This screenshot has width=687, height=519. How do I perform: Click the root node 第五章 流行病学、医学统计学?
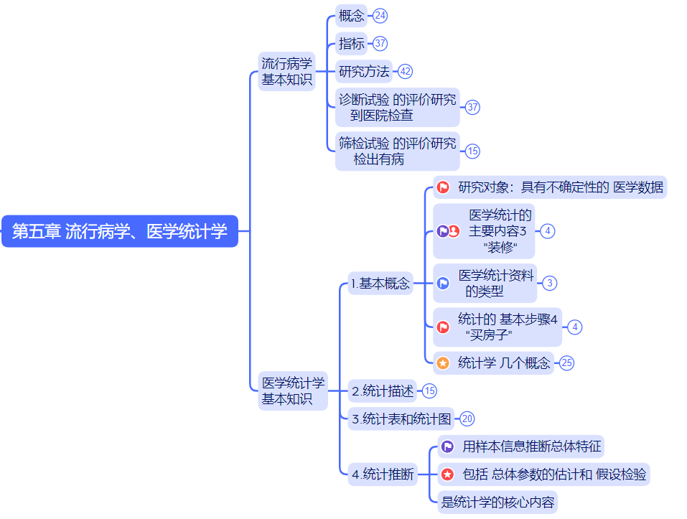click(x=119, y=231)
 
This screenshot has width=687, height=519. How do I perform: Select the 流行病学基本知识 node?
click(x=287, y=72)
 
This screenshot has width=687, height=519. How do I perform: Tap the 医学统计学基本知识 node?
click(x=293, y=391)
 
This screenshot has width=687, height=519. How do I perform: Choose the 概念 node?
click(x=352, y=16)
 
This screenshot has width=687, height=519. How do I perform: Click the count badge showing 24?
click(x=380, y=16)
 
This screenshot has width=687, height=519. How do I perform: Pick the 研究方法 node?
click(x=364, y=71)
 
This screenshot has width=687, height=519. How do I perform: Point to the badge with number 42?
click(x=406, y=71)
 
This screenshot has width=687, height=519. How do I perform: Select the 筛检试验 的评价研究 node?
click(x=398, y=151)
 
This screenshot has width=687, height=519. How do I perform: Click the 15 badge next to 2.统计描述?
click(x=429, y=391)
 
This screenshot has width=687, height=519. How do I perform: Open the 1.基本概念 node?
click(x=380, y=284)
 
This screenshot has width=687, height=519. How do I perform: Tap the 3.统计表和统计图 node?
click(x=401, y=419)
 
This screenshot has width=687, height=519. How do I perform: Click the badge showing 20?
click(x=467, y=419)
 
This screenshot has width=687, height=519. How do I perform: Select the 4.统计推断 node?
click(x=383, y=474)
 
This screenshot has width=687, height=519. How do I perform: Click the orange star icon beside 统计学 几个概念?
click(x=444, y=363)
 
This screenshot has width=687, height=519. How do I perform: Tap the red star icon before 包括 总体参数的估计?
click(x=447, y=474)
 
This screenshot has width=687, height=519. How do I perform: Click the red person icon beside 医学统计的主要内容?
click(x=454, y=231)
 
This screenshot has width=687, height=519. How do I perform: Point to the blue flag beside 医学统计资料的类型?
click(x=444, y=283)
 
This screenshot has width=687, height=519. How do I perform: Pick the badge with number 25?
click(x=567, y=363)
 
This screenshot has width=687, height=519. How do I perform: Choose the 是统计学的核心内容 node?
click(x=497, y=502)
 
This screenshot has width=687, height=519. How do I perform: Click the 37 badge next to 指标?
click(x=380, y=44)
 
